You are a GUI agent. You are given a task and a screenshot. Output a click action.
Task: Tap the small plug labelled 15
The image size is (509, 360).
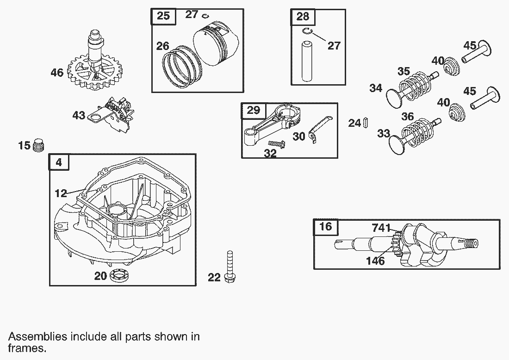click(39, 146)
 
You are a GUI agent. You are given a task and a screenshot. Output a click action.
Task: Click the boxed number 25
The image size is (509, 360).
click(163, 16)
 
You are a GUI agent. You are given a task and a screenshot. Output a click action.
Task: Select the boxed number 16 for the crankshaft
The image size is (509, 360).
click(326, 227)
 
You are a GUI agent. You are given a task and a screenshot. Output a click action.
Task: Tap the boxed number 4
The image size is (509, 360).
click(59, 162)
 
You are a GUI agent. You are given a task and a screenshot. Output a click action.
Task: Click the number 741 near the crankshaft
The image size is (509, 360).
click(382, 228)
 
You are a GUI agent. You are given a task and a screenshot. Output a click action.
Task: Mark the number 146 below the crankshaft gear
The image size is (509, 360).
click(375, 261)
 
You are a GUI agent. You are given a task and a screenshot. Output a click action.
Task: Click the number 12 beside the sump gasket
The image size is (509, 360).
click(61, 193)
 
